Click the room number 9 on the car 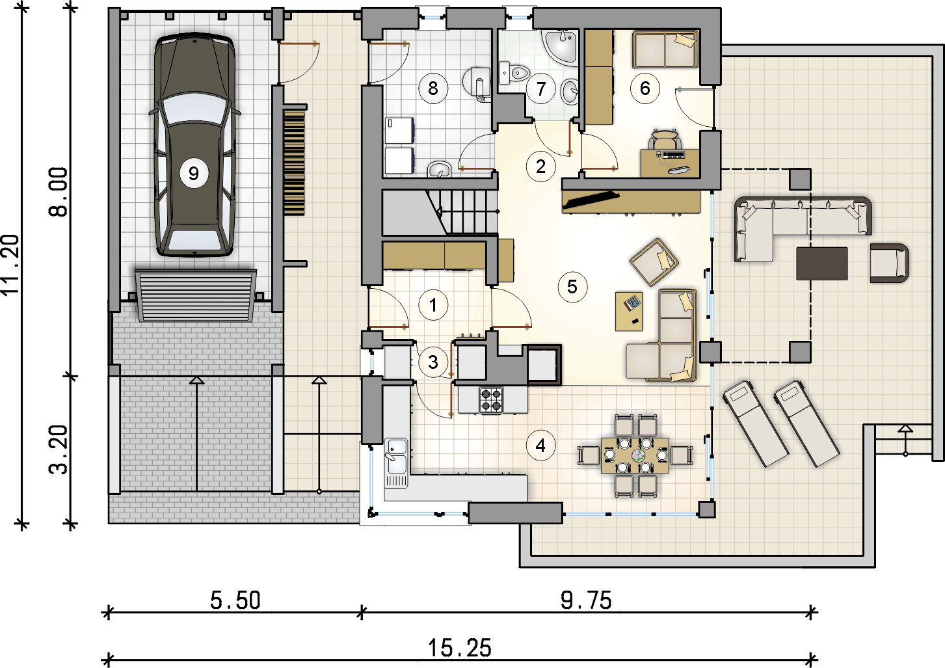click(x=194, y=173)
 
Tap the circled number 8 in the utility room click(x=433, y=88)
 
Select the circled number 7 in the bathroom click(x=541, y=88)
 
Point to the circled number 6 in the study click(x=645, y=88)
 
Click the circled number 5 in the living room click(x=572, y=287)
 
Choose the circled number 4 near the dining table click(x=540, y=446)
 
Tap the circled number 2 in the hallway click(x=540, y=167)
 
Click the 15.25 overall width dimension click(x=459, y=647)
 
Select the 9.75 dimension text click(x=586, y=600)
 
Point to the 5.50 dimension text click(x=235, y=600)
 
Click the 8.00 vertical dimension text click(x=58, y=192)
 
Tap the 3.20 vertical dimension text click(x=58, y=450)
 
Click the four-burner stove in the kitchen click(x=491, y=399)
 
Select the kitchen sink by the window click(x=395, y=463)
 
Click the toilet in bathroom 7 click(x=513, y=73)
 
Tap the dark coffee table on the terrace click(x=822, y=263)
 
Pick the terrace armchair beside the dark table click(x=889, y=263)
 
